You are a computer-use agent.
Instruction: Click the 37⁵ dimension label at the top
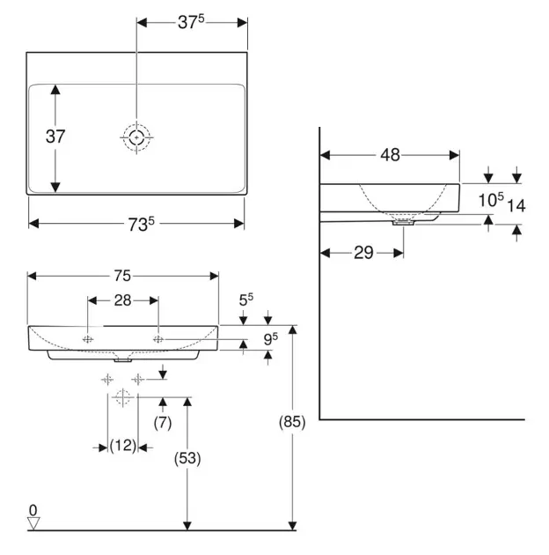(191, 22)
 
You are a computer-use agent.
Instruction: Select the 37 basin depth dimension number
(55, 137)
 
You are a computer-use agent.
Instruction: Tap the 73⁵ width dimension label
(141, 224)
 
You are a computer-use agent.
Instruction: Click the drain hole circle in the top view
(136, 137)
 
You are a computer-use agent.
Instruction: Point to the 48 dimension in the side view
(390, 155)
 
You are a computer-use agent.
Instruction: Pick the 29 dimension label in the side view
(363, 253)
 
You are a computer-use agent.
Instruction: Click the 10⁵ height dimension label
(491, 200)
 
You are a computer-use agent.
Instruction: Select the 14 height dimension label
(516, 205)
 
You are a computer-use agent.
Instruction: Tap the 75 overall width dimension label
(122, 276)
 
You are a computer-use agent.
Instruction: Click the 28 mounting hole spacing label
(122, 300)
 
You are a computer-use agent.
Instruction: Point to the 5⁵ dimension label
(246, 300)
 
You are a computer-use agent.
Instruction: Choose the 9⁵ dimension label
(271, 339)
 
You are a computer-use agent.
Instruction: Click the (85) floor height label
(292, 422)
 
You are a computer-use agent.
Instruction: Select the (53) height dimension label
(187, 458)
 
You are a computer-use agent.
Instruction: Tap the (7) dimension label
(163, 423)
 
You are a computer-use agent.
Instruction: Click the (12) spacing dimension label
(122, 446)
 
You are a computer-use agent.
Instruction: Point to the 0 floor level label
(33, 510)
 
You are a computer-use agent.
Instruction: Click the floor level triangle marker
(33, 523)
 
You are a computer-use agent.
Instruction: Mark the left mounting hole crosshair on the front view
(88, 339)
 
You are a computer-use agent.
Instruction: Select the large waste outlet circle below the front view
(122, 397)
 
